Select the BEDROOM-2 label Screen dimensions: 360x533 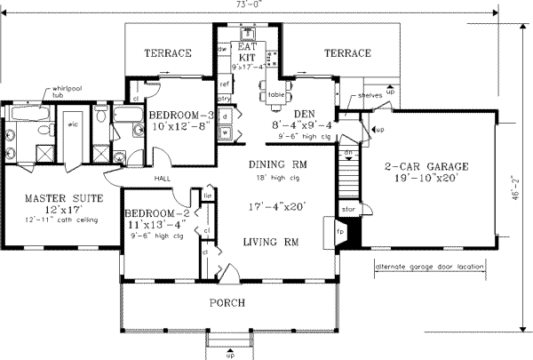[x=153, y=214]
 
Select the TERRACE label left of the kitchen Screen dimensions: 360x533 [x=168, y=53]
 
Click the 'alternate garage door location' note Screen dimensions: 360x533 [x=434, y=266]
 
